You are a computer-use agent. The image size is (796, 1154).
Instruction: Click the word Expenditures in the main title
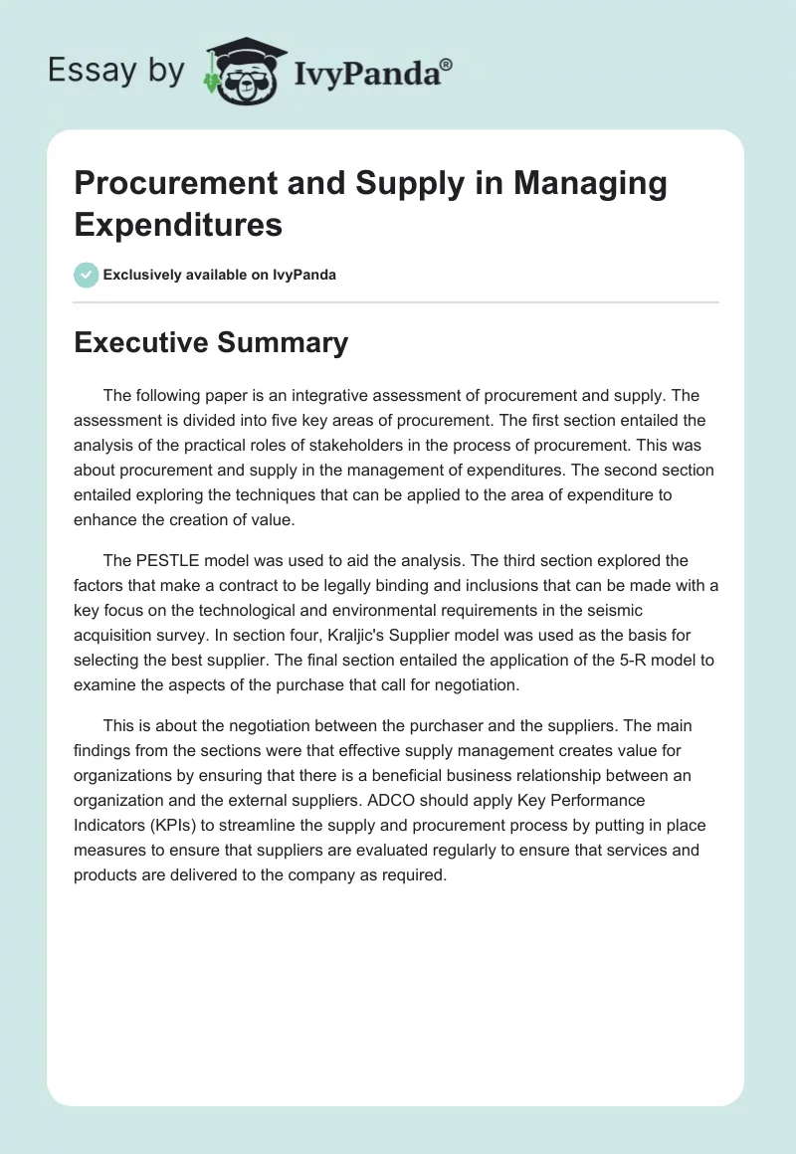click(178, 225)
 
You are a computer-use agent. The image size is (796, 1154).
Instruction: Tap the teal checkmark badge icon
click(87, 275)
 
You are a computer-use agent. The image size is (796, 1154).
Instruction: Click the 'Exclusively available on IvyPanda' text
click(220, 275)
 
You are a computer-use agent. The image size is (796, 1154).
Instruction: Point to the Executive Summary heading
click(211, 343)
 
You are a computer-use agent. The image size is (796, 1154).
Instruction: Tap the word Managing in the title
click(589, 184)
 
